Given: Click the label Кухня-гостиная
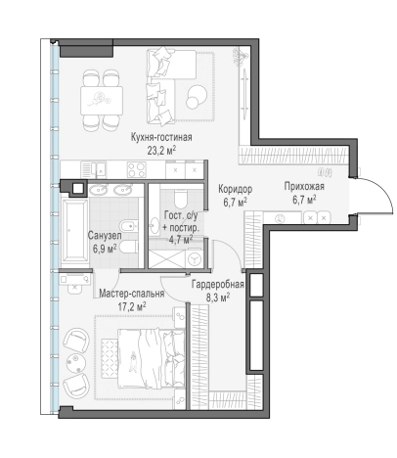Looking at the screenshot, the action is point(161,137).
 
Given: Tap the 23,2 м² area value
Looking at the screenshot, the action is point(161,151).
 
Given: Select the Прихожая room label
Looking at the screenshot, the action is point(304,187).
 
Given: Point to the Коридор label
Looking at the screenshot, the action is point(235,189).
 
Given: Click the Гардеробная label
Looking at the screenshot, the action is point(217,285).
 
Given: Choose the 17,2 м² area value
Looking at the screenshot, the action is point(131,306).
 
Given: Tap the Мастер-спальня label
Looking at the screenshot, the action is point(131,294).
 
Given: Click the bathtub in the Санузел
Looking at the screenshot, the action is point(74,230).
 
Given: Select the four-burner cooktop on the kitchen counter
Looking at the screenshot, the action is point(137,169).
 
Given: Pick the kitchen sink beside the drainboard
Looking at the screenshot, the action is point(101,169).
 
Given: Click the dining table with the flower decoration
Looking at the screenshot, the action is point(102,100).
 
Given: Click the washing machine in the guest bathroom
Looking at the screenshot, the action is point(195,259).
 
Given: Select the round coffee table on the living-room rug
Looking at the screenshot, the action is point(197,96).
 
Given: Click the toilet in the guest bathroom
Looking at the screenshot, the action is point(180,198).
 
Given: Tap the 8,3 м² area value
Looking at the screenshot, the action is point(218,298).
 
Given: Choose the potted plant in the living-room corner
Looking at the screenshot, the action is point(240,56).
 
